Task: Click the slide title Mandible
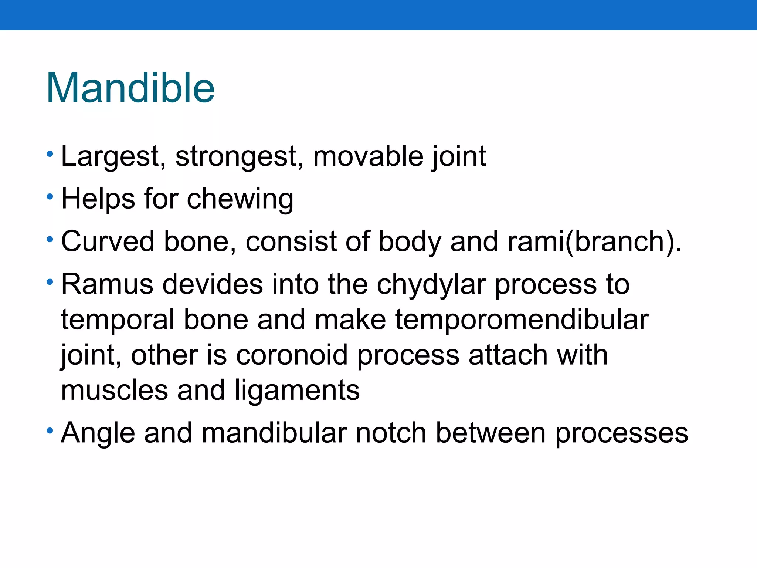pyautogui.click(x=130, y=88)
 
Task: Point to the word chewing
pyautogui.click(x=240, y=199)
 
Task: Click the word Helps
pyautogui.click(x=98, y=199)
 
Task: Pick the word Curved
pyautogui.click(x=108, y=241)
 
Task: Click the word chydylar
pyautogui.click(x=431, y=285)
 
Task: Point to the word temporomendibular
pyautogui.click(x=522, y=319)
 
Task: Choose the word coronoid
pyautogui.click(x=292, y=355)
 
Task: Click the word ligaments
pyautogui.click(x=297, y=390)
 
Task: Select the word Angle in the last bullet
pyautogui.click(x=98, y=433)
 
